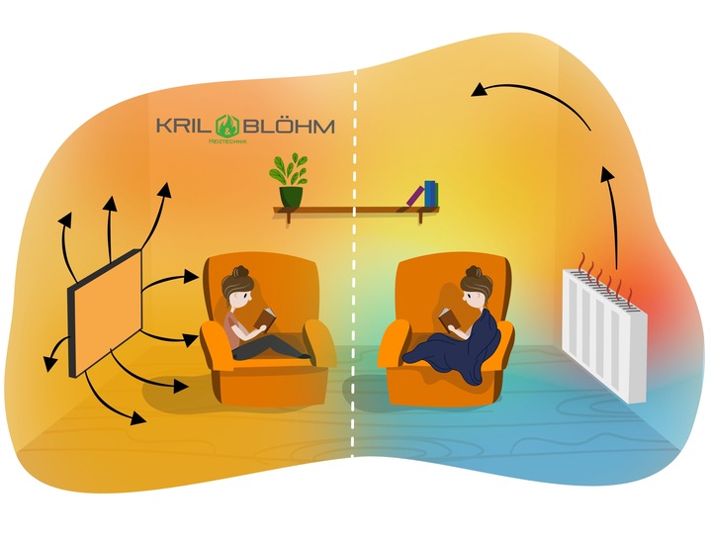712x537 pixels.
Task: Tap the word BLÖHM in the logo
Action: click(286, 127)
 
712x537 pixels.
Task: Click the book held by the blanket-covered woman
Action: click(448, 316)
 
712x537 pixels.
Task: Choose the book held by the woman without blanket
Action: click(265, 317)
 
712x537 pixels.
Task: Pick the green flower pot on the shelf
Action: click(290, 196)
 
